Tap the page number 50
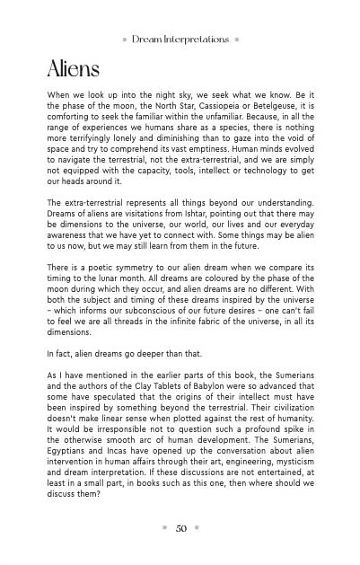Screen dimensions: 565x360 (x=180, y=528)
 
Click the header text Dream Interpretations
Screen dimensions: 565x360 (x=180, y=40)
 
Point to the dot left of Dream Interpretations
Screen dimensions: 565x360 (x=123, y=40)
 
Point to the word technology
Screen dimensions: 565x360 (x=257, y=165)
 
